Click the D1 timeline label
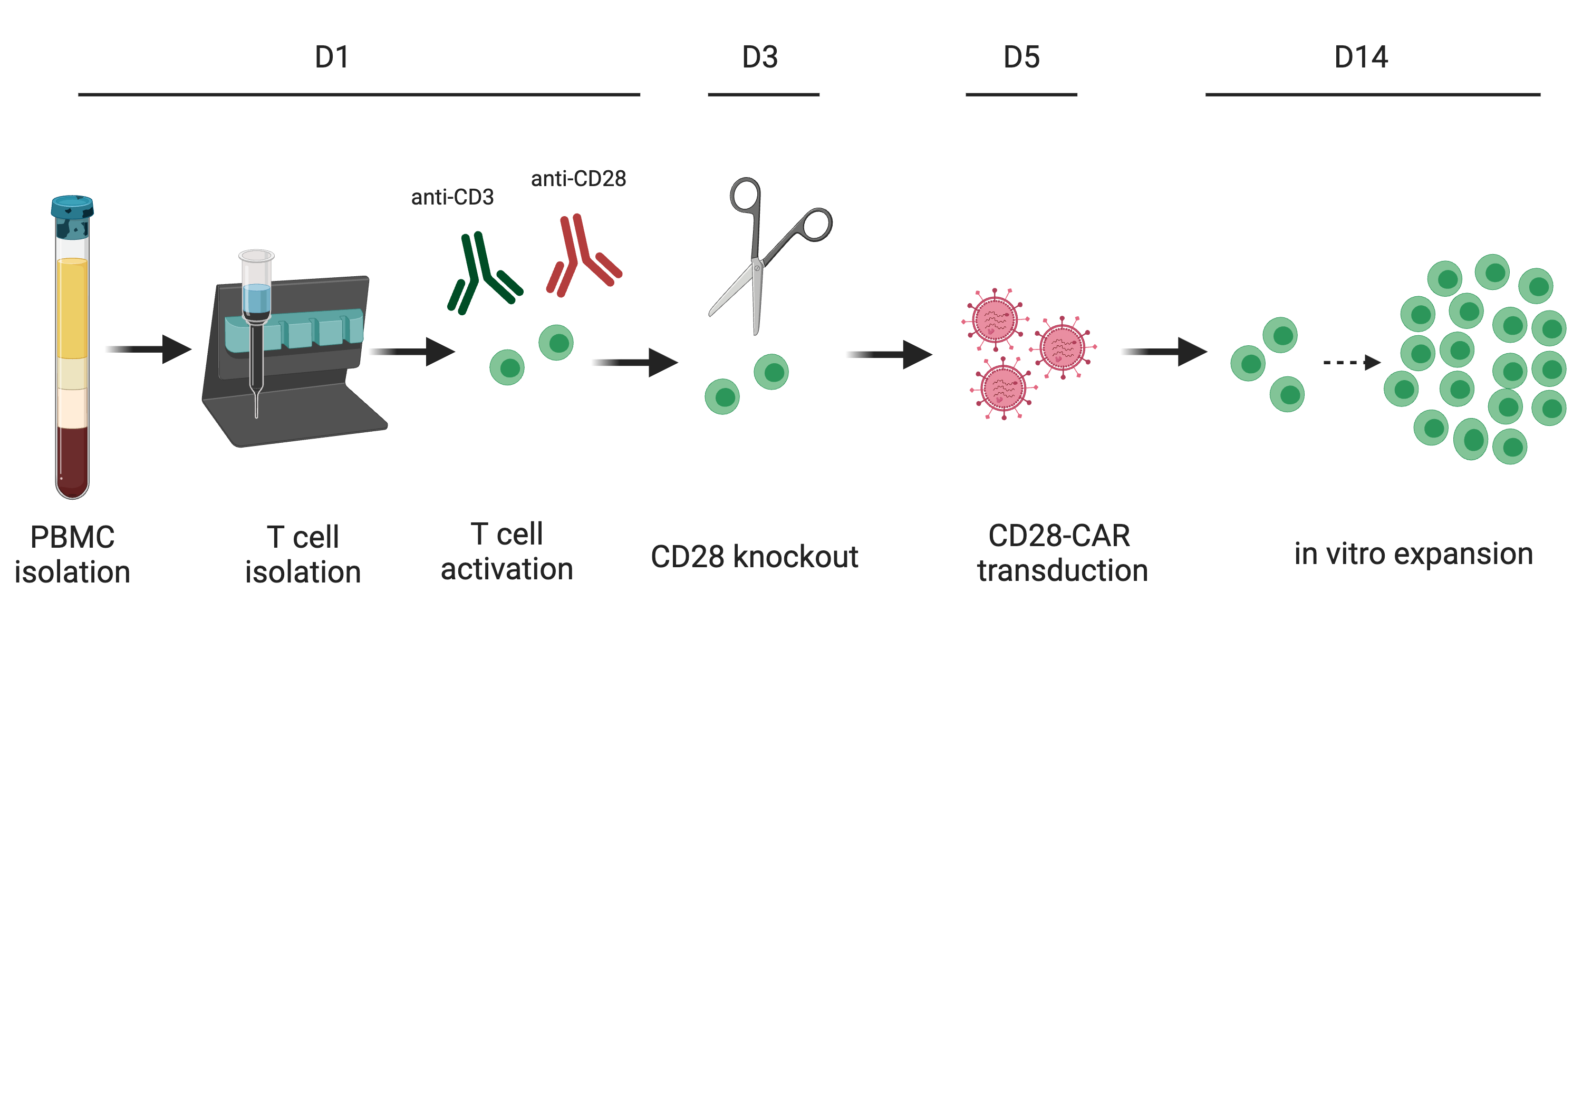tap(332, 56)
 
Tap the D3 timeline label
tap(760, 56)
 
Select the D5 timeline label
tap(1021, 56)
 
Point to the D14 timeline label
tap(1361, 56)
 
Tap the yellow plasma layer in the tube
tap(72, 308)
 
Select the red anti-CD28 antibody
tap(584, 256)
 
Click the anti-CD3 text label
tap(452, 198)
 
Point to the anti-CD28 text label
tap(579, 179)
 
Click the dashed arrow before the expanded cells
tap(1352, 362)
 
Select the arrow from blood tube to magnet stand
tap(148, 349)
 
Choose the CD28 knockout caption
tap(755, 557)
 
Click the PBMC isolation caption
tap(72, 555)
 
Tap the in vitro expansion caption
tap(1413, 554)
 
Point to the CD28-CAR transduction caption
tap(1063, 553)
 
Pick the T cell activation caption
tap(507, 552)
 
